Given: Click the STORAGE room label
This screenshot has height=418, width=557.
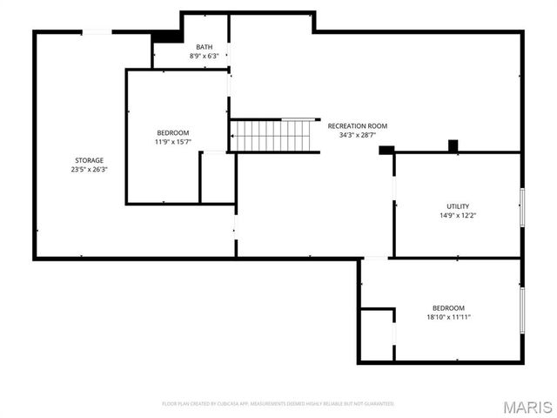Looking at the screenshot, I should (89, 160).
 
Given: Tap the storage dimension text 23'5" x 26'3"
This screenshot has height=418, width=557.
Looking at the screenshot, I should (89, 170).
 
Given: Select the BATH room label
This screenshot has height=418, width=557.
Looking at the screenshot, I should (204, 47).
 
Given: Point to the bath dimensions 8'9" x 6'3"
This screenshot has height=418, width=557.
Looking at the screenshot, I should (204, 57).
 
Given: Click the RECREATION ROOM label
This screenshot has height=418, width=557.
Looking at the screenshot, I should (357, 126).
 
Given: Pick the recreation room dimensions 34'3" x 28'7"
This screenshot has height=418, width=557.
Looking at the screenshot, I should (357, 136).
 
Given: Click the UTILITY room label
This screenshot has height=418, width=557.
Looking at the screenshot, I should (458, 206).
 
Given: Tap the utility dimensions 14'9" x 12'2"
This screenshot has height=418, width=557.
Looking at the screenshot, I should (458, 215).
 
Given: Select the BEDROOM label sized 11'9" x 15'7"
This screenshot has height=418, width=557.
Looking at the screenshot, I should (172, 132).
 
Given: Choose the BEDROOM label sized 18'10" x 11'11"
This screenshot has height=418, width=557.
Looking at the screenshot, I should (448, 308).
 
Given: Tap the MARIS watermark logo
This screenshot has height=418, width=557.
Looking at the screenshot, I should (527, 407).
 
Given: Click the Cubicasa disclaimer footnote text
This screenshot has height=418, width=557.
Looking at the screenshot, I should (278, 404).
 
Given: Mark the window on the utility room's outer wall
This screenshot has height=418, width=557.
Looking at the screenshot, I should (522, 206).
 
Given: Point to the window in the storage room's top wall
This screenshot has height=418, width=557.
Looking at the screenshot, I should (97, 32).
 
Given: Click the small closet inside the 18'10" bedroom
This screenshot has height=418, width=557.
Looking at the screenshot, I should (377, 333).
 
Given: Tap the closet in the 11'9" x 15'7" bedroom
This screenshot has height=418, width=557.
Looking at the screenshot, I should (217, 178).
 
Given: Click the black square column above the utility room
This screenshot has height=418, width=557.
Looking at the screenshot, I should (453, 145).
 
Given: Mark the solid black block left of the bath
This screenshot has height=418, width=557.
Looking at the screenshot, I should (164, 37).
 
